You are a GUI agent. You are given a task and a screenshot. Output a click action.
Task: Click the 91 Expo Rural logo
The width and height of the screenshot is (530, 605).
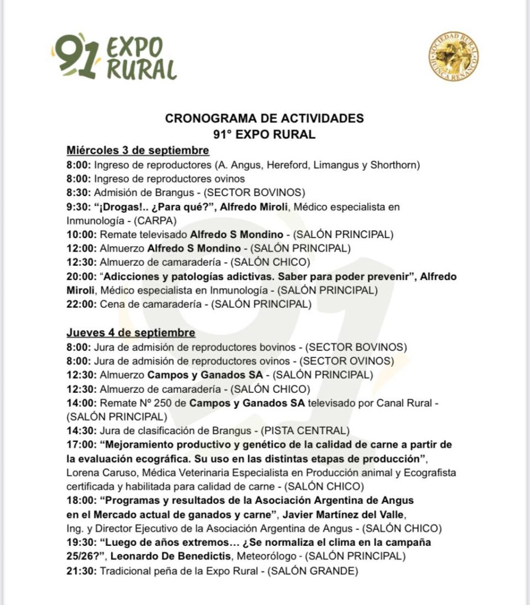click(x=114, y=57)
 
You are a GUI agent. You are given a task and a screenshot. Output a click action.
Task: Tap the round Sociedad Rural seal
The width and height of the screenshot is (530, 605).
click(x=453, y=57)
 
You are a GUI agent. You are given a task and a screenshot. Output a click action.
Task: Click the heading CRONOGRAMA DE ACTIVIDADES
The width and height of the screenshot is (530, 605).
click(x=264, y=118)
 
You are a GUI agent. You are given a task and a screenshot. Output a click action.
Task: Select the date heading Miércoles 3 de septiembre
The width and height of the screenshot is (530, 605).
click(x=138, y=149)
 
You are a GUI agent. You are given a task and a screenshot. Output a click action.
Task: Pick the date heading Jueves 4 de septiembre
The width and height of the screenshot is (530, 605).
click(x=130, y=333)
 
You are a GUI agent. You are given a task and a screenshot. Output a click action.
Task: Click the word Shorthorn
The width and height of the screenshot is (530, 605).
click(x=394, y=165)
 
